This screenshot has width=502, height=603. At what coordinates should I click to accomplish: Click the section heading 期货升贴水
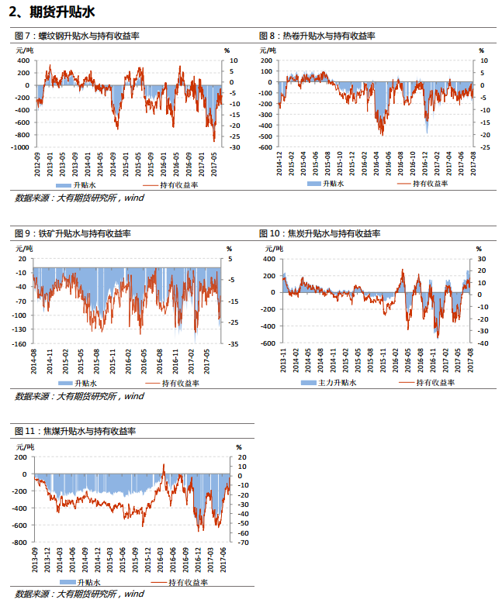pos(62,12)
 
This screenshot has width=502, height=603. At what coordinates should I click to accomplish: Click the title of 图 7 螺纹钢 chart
pos(77,36)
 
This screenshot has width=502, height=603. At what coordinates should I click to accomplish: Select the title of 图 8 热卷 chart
pos(317,36)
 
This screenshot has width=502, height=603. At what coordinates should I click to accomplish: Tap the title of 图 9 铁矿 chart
pos(73,233)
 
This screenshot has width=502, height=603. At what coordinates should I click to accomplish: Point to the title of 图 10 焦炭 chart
pos(320,233)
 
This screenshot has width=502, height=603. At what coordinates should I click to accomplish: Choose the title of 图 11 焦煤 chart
pos(75,431)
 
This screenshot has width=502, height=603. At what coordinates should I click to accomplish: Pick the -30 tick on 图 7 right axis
pos(235,147)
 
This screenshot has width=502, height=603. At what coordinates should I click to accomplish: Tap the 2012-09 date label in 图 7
pos(37,164)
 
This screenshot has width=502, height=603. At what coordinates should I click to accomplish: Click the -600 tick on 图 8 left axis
pos(266,147)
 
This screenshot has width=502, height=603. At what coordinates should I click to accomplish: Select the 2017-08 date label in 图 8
pos(473,164)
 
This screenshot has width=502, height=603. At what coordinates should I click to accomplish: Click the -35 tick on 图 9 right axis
pos(234,344)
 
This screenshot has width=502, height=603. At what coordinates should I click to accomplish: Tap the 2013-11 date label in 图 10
pos(283,360)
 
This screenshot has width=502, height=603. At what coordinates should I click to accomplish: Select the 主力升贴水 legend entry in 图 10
pos(328,383)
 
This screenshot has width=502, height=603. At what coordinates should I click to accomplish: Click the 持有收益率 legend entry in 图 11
pos(180,583)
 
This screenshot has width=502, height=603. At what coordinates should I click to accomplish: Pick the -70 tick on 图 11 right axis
pos(243,543)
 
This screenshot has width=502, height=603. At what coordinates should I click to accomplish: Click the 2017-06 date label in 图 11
pos(223,560)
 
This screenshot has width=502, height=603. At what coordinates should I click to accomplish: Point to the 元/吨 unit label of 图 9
pos(24,249)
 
